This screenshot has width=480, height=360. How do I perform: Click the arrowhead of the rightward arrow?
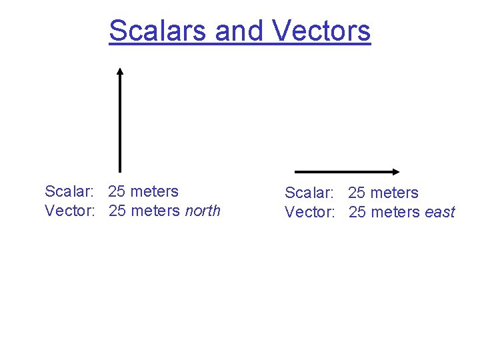click(395, 171)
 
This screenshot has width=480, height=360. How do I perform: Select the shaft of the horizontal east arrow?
click(343, 171)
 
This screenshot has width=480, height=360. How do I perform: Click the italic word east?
click(439, 213)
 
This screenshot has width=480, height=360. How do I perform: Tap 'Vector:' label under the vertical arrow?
click(70, 211)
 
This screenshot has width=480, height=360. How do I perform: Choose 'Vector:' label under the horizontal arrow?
click(310, 213)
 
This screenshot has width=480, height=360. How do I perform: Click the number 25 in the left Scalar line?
click(117, 192)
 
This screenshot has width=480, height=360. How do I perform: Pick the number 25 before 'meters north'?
click(117, 211)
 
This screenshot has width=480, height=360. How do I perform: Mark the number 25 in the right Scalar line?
click(357, 193)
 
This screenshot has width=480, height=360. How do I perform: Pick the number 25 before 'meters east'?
click(357, 213)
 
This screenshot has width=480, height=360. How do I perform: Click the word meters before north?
click(155, 211)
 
